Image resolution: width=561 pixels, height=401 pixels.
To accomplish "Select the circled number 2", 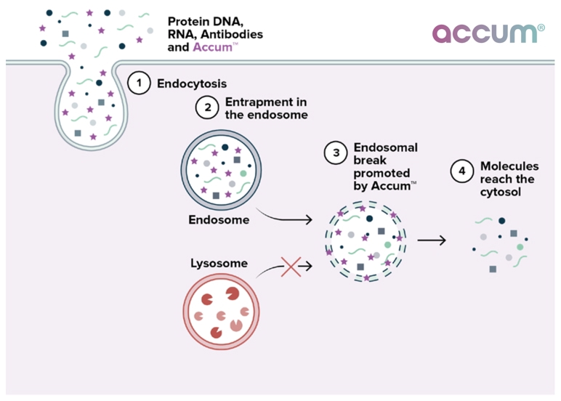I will click(207, 108).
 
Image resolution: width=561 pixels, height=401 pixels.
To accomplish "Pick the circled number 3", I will click(336, 153).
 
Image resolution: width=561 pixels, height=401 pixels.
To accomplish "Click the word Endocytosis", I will click(192, 84).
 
